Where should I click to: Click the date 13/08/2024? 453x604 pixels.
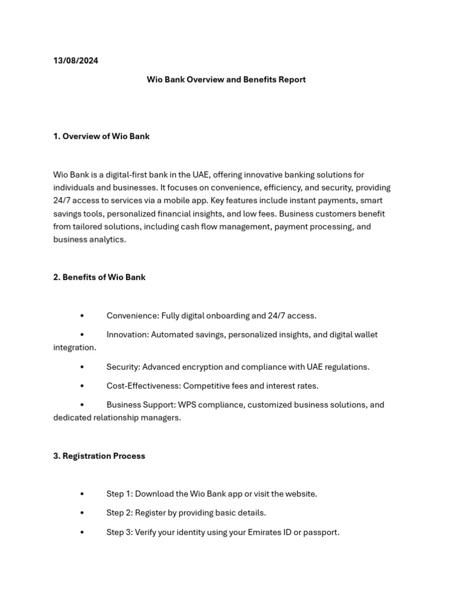[x=75, y=61]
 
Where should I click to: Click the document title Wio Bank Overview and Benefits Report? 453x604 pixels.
[x=226, y=80]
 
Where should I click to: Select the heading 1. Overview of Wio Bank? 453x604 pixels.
[x=101, y=136]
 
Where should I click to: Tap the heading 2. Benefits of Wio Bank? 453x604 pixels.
[x=99, y=277]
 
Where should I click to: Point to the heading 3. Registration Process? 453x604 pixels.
[x=99, y=456]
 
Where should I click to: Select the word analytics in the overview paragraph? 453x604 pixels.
[x=108, y=239]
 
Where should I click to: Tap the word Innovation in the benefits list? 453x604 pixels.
[x=127, y=334]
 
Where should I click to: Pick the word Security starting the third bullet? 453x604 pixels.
[x=123, y=367]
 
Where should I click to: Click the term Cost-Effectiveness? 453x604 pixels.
[x=143, y=386]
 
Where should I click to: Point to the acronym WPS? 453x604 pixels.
[x=192, y=405]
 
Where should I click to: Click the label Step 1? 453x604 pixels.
[x=119, y=494]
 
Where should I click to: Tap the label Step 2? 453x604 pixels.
[x=119, y=513]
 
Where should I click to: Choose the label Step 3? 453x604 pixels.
[x=119, y=532]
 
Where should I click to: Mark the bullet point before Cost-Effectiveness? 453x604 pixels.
[x=82, y=386]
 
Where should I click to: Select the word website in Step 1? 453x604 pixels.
[x=300, y=494]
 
